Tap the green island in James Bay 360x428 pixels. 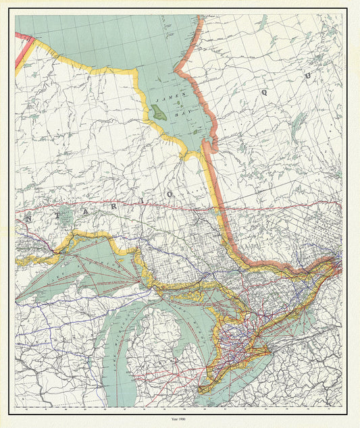pos(158,112)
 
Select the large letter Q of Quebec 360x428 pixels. pos(265,90)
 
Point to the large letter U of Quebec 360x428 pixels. pos(307,76)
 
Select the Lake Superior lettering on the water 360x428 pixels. pos(81,270)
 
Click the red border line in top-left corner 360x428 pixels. pos(24,51)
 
